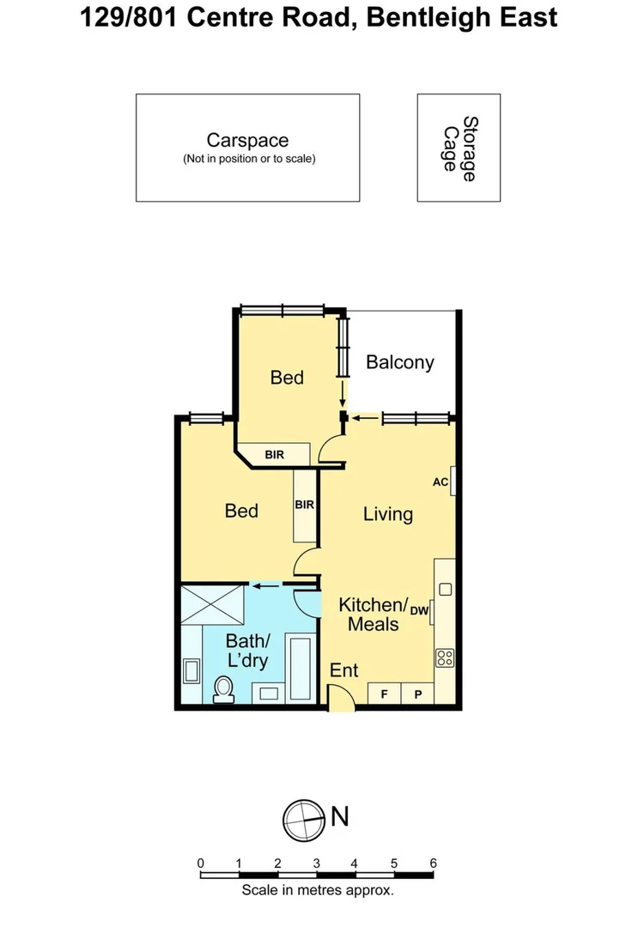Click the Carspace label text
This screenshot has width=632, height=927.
coord(247,140)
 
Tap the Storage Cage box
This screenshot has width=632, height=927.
coord(459,148)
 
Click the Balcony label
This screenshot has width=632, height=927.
coord(399,362)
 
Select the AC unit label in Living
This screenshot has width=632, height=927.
coord(441,482)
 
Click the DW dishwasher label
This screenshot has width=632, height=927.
coord(419,610)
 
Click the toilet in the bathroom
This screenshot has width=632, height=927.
coord(223,688)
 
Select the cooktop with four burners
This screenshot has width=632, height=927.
coord(445,658)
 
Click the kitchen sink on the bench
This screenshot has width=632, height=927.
coord(445,590)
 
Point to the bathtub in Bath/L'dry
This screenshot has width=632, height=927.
coord(301,668)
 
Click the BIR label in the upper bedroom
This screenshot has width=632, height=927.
coord(275,454)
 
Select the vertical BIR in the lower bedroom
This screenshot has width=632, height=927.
coord(304,506)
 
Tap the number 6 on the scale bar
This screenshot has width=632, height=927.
coord(434,863)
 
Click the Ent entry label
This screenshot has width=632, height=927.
coord(344,670)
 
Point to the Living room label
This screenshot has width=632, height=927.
coord(387,514)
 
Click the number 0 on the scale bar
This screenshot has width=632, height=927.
coord(200,863)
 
